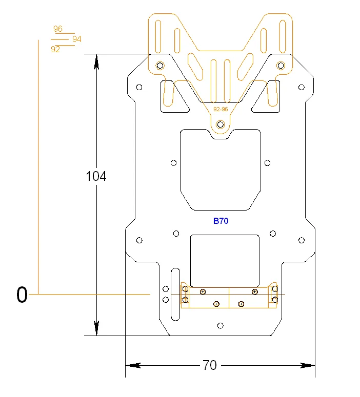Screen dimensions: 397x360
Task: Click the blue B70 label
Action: tap(221, 221)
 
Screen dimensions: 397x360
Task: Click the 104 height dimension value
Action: tap(96, 176)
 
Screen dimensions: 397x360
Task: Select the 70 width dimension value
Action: tap(210, 365)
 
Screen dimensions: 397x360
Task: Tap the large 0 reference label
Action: tap(22, 295)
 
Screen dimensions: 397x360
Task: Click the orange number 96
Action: tap(58, 29)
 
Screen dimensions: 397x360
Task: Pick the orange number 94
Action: tap(77, 39)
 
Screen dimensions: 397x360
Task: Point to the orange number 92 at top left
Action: tap(55, 49)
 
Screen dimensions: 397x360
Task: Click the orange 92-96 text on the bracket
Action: tap(221, 109)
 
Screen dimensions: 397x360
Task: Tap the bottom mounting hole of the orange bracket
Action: tap(221, 124)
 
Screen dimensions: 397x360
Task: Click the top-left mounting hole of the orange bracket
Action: tap(161, 65)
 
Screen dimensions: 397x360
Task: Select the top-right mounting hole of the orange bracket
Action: tap(281, 65)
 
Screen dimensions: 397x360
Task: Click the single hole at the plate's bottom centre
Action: tap(221, 325)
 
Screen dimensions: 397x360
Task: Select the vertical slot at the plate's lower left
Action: tap(175, 294)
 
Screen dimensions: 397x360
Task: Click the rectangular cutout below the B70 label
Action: tap(225, 260)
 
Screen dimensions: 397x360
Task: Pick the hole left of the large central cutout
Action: tap(173, 163)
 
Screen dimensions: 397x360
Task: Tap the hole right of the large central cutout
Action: tap(267, 163)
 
